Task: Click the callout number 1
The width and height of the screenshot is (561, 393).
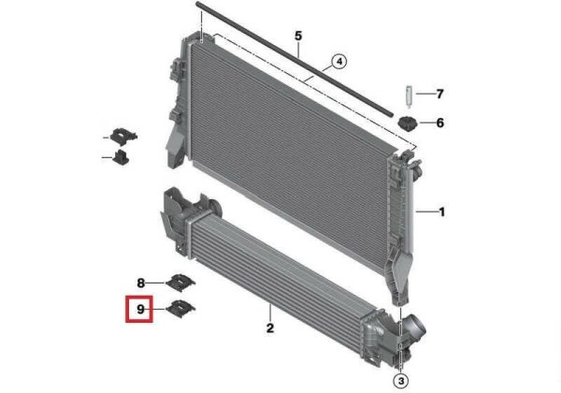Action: click(x=442, y=211)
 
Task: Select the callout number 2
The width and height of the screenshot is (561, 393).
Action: click(x=270, y=327)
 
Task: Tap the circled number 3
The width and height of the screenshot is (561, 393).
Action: click(x=401, y=381)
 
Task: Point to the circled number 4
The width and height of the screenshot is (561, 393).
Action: click(x=339, y=62)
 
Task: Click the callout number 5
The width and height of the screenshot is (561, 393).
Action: click(x=298, y=36)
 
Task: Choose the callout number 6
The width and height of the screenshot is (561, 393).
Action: click(x=440, y=123)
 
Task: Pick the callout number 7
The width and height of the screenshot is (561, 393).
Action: click(x=440, y=94)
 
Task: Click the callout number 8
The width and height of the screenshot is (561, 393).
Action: click(x=140, y=284)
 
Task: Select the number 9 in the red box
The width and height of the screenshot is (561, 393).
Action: click(x=140, y=309)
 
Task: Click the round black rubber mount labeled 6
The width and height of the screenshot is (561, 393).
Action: click(x=408, y=124)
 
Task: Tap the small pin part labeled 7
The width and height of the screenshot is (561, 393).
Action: click(x=409, y=95)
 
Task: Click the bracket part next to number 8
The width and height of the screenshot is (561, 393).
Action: click(x=180, y=283)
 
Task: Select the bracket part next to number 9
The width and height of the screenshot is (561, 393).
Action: click(x=180, y=309)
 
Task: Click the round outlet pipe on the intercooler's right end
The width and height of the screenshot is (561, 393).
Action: click(x=415, y=326)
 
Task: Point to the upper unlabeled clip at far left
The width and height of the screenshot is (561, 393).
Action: click(x=123, y=137)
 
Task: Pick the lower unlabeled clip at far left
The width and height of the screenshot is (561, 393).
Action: click(x=121, y=157)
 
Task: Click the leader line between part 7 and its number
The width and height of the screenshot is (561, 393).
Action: click(x=424, y=94)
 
